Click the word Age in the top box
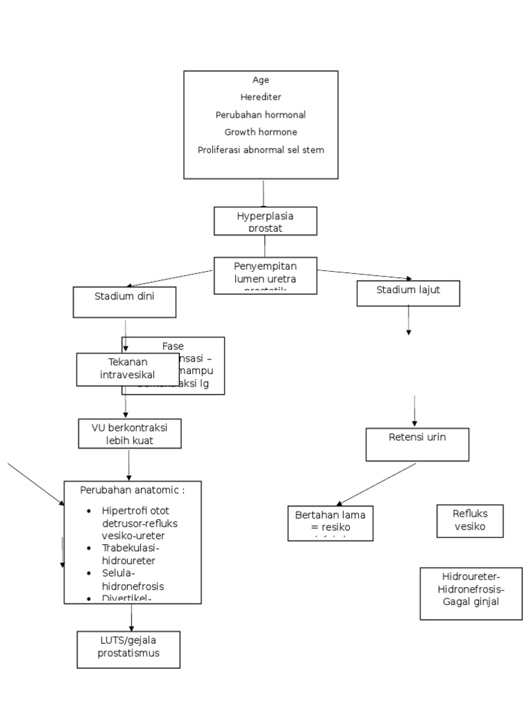[x=261, y=80]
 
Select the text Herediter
[x=261, y=97]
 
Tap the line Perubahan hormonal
[x=261, y=115]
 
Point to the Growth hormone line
[x=261, y=132]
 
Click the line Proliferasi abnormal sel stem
[x=261, y=149]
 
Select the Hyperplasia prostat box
[x=265, y=221]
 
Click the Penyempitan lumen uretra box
[x=265, y=274]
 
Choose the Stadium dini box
[x=124, y=302]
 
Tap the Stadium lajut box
[x=408, y=292]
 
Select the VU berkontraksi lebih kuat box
[x=129, y=433]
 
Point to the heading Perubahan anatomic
[x=132, y=490]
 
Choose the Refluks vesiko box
[x=470, y=520]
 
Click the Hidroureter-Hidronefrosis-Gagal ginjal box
[x=471, y=593]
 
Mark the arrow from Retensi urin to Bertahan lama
[x=377, y=484]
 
